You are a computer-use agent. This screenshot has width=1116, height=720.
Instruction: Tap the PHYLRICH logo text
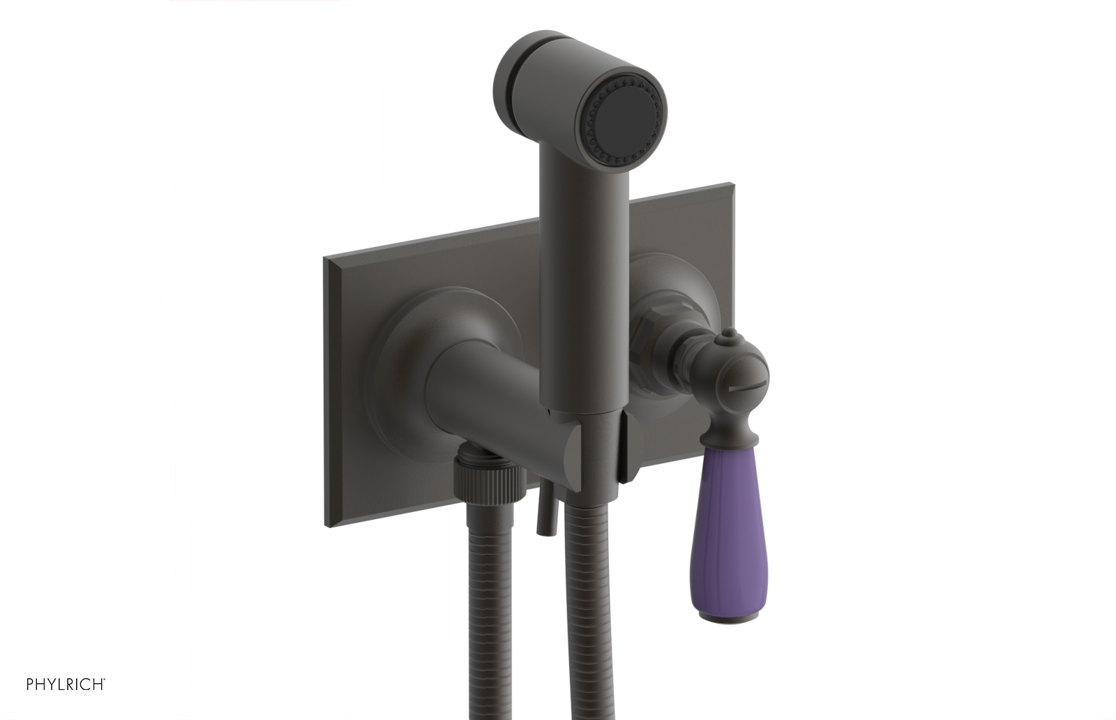click(x=66, y=684)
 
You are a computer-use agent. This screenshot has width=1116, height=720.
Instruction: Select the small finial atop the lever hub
click(x=727, y=340)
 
